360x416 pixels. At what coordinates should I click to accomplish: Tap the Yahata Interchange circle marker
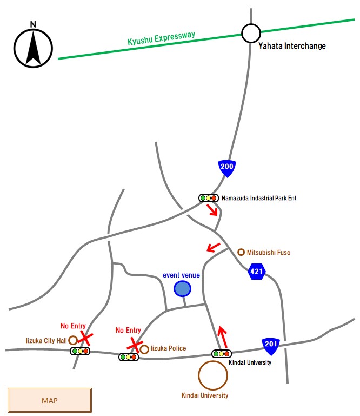pos(251,34)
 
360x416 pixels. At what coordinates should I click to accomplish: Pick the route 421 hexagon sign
pos(257,271)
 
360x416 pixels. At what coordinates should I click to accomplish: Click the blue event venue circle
pos(182,289)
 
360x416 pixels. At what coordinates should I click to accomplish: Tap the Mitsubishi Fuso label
pos(269,252)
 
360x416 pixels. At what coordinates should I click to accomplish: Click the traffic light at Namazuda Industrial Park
pos(208,198)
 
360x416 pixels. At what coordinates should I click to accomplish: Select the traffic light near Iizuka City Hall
pos(80,351)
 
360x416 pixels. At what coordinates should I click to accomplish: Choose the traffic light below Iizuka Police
pos(129,357)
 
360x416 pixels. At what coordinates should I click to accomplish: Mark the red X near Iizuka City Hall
pos(84,338)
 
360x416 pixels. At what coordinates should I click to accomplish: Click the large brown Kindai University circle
pos(212,375)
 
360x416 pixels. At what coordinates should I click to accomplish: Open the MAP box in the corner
pos(50,401)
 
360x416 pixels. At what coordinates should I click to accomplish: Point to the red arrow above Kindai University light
pos(222,337)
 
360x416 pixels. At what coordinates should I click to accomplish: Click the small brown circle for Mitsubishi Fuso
pos(241,252)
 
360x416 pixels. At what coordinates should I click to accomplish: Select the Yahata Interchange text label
pos(292,46)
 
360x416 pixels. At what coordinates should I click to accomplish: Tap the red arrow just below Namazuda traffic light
pos(214,210)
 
